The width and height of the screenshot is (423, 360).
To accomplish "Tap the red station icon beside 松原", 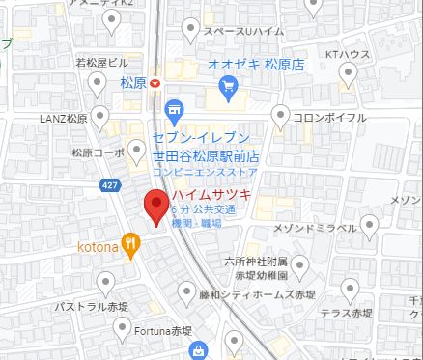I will (x=156, y=84).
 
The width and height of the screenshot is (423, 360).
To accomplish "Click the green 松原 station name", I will (x=131, y=84).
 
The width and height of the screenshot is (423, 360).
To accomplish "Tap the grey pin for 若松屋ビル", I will (x=96, y=86).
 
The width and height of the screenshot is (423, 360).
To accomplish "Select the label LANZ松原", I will (x=65, y=119).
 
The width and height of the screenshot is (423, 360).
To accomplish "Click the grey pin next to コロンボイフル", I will (x=280, y=117).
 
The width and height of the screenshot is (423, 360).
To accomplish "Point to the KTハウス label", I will (x=348, y=53).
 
